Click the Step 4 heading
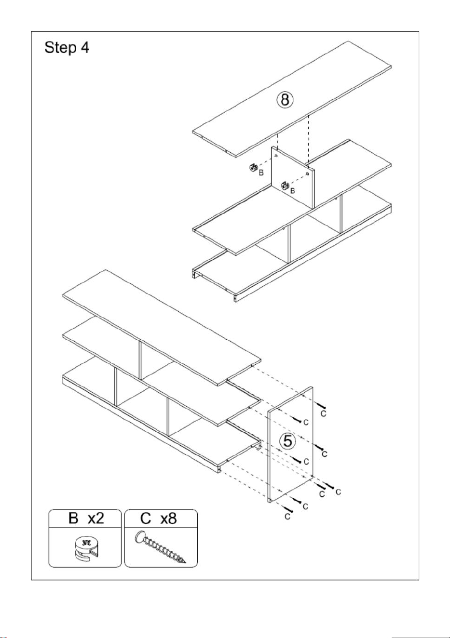tap(67, 48)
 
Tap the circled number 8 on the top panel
tap(285, 100)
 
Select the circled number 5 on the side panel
tap(288, 441)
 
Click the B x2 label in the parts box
tap(86, 518)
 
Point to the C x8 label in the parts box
tap(159, 518)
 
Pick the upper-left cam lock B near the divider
tap(253, 168)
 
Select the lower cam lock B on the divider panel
tap(285, 186)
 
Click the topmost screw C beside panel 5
tap(320, 405)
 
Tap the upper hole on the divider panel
tap(276, 156)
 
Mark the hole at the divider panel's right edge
tap(307, 173)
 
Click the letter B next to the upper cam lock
tap(261, 173)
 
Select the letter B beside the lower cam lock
tap(293, 190)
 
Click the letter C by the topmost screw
tap(323, 413)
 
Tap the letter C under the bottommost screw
tap(287, 517)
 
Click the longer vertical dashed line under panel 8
tap(308, 140)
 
